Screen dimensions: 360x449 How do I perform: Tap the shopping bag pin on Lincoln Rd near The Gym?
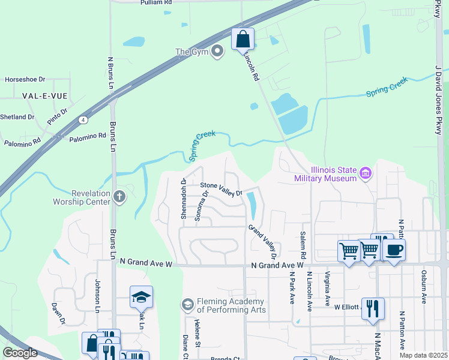point(243,40)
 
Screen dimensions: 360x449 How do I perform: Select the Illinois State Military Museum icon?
point(366,174)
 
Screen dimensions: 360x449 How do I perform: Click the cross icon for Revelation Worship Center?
point(119,196)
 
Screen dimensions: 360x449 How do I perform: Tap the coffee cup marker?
point(394,250)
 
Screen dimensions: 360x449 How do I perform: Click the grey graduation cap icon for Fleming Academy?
point(188,305)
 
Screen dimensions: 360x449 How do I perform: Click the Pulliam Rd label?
point(156,3)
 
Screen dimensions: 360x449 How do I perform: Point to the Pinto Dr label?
point(58,116)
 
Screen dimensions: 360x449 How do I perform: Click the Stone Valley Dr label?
point(220,189)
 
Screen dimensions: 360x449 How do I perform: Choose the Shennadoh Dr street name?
point(184,198)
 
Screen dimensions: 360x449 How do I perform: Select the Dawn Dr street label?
point(59,313)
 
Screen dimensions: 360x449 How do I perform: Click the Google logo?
point(20,352)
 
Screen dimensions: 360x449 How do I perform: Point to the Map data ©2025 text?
point(423,355)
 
